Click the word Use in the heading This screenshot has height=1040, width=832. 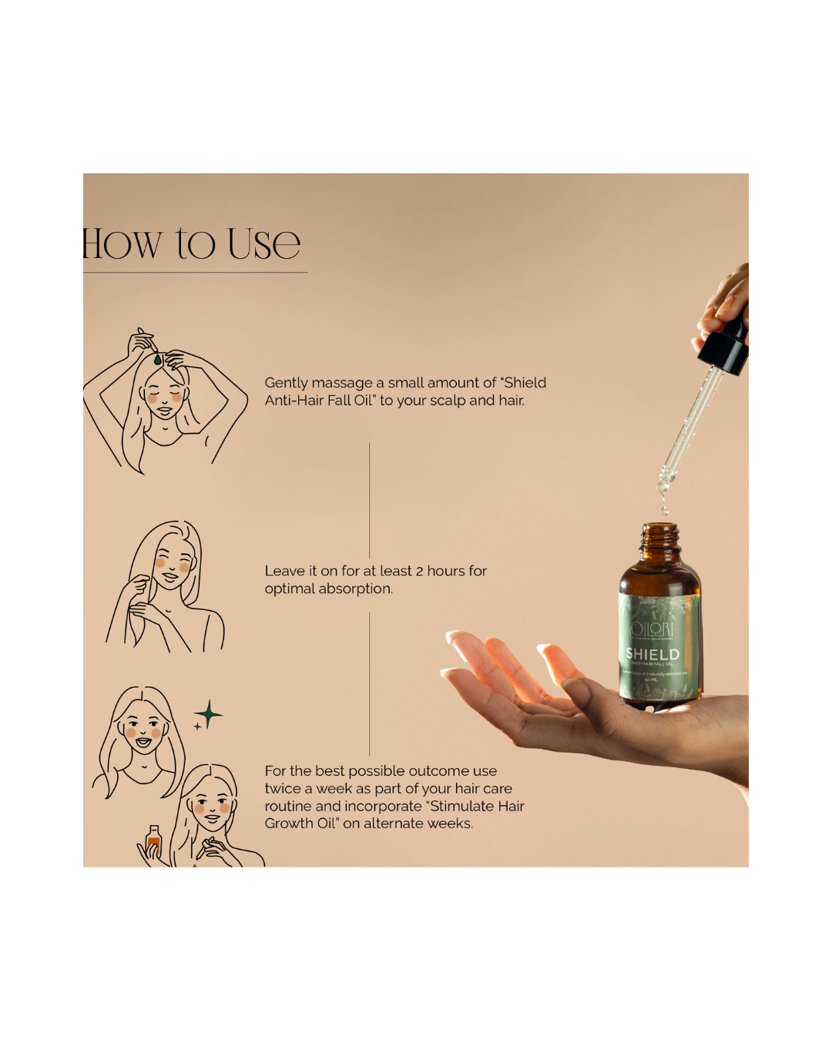pyautogui.click(x=263, y=244)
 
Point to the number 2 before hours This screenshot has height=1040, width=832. pyautogui.click(x=419, y=571)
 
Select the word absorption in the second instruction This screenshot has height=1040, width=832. pyautogui.click(x=355, y=589)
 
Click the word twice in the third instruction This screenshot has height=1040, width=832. pyautogui.click(x=283, y=789)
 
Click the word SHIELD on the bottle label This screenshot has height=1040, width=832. pyautogui.click(x=653, y=654)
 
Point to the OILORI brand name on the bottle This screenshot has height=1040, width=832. pyautogui.click(x=652, y=629)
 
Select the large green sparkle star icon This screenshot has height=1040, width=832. pyautogui.click(x=209, y=714)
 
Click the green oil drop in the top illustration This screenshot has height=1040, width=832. pyautogui.click(x=157, y=360)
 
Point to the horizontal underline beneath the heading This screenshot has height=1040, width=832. pyautogui.click(x=195, y=272)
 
